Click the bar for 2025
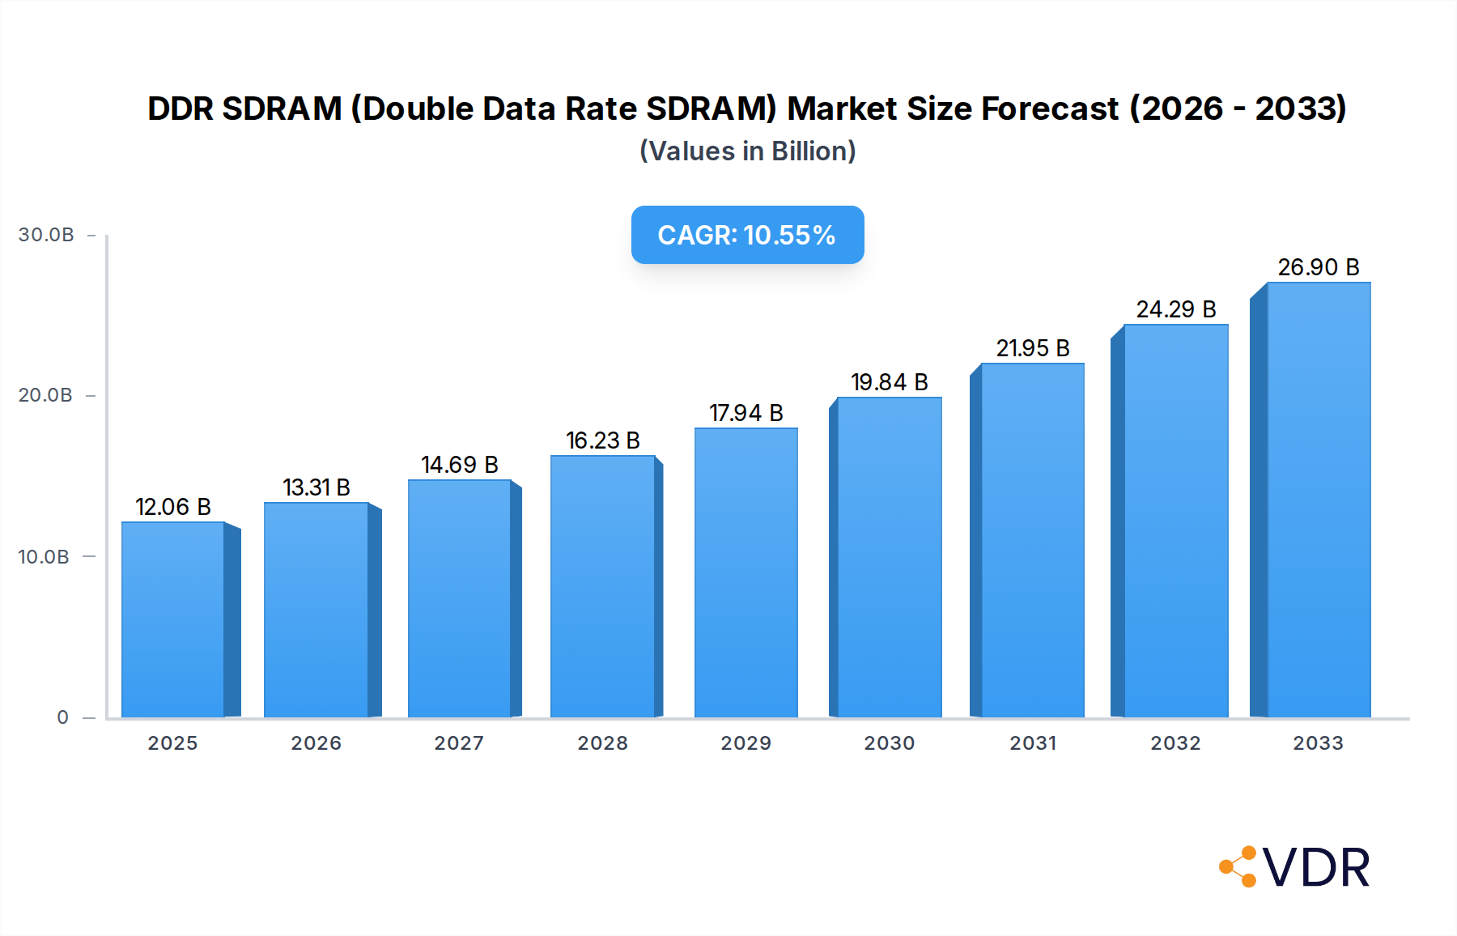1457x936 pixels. (172, 619)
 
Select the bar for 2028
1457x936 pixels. (602, 586)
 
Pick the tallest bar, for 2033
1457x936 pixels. (1319, 500)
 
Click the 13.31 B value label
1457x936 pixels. (316, 487)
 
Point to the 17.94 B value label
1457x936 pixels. (746, 413)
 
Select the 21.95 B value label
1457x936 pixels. (1033, 348)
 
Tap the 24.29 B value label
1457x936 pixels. (1176, 309)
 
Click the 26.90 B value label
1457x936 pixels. (1319, 267)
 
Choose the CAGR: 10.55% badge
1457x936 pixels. (747, 235)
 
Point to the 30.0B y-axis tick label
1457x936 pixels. (46, 235)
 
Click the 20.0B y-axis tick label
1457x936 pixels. (45, 395)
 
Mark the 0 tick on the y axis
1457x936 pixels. (63, 717)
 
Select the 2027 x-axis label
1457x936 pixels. (459, 743)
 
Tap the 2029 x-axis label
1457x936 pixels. (746, 743)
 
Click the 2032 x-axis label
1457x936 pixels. (1176, 743)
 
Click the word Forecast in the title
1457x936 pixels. (1050, 108)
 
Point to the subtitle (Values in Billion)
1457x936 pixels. (747, 151)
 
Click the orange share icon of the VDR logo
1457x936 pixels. (1238, 867)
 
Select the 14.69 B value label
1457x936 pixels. (460, 465)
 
